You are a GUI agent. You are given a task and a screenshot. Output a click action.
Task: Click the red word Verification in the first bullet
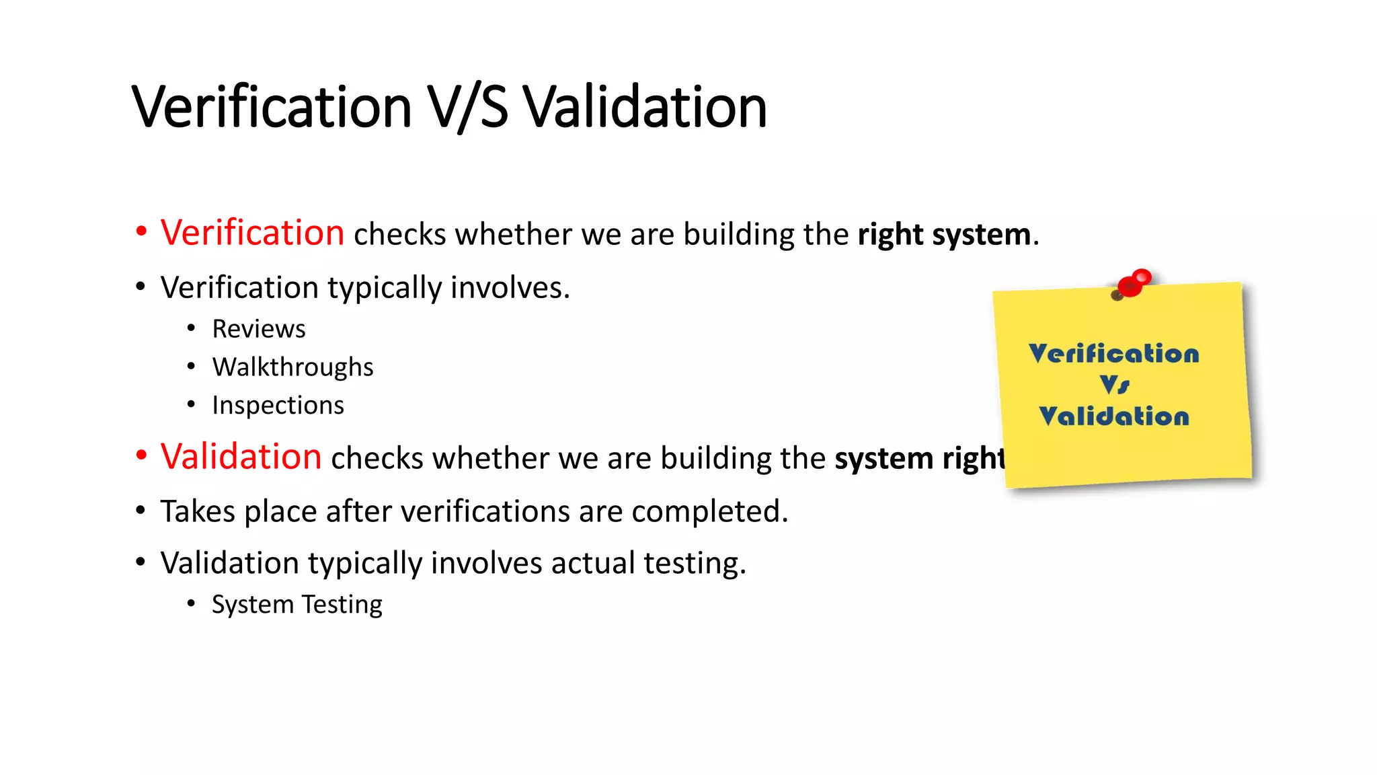(252, 233)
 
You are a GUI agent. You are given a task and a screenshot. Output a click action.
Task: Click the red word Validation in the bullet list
(241, 457)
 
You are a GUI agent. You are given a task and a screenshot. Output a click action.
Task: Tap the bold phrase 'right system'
(944, 235)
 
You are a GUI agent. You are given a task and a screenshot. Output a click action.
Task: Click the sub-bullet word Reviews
(258, 329)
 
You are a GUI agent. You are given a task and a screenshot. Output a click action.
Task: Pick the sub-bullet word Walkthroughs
(292, 367)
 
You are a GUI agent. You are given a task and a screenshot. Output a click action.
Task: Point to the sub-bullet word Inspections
(278, 406)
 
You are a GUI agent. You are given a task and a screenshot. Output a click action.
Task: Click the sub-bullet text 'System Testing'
(297, 604)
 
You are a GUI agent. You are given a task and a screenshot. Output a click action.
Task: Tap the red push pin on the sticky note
(1134, 283)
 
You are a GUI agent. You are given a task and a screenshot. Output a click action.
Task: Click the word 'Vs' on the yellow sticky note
(1115, 385)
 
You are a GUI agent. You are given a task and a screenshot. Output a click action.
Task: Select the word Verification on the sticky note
(1113, 354)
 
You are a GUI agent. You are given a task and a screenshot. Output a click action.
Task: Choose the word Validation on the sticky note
(1113, 416)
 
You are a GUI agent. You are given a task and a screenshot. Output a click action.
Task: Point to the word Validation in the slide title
(644, 108)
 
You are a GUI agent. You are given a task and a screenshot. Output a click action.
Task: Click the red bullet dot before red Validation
(141, 455)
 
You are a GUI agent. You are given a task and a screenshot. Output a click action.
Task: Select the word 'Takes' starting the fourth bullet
(197, 511)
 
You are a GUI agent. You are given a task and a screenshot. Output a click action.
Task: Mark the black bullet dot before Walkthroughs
(192, 367)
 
